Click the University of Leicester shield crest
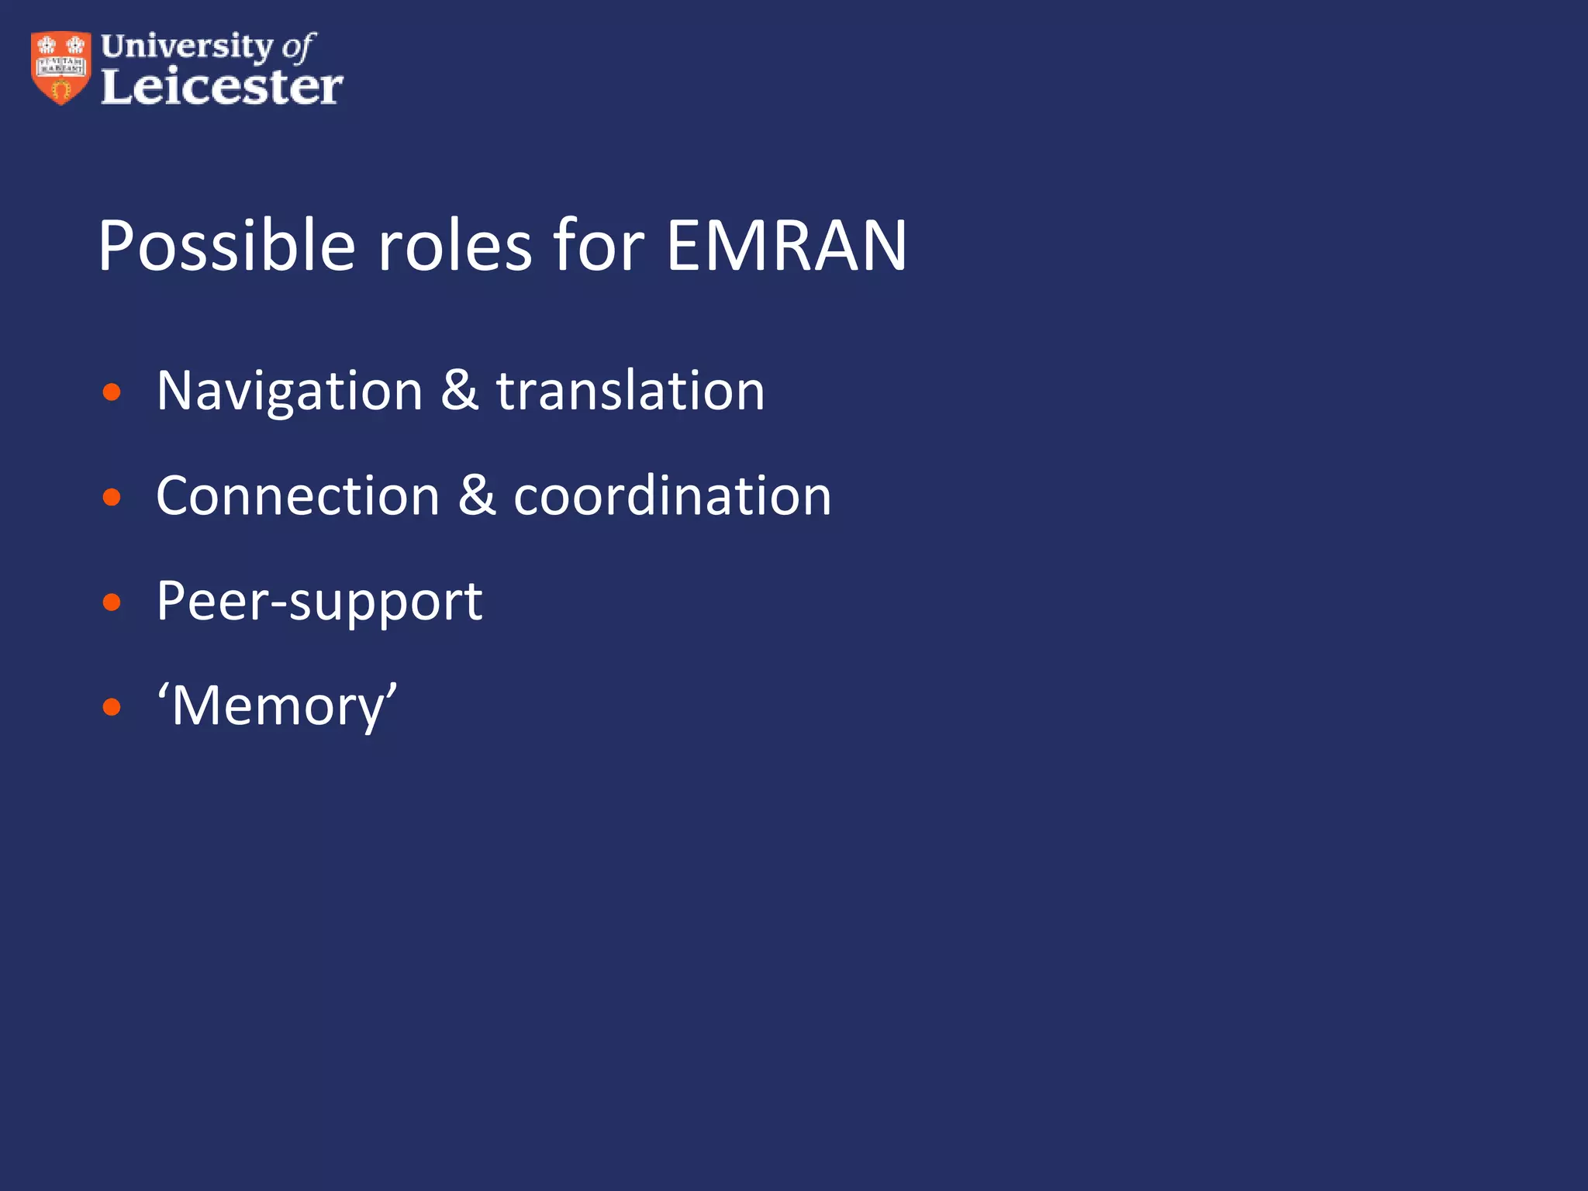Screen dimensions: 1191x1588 pyautogui.click(x=60, y=67)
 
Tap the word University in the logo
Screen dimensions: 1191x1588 pyautogui.click(x=187, y=47)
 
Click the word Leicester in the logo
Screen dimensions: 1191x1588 pyautogui.click(x=222, y=86)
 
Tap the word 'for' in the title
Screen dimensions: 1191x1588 pyautogui.click(x=598, y=246)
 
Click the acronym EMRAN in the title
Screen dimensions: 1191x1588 pyautogui.click(x=786, y=246)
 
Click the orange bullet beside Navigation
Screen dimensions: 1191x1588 pyautogui.click(x=112, y=392)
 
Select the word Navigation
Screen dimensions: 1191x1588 pyautogui.click(x=289, y=391)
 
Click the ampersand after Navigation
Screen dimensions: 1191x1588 pyautogui.click(x=460, y=391)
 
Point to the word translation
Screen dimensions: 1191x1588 pyautogui.click(x=630, y=391)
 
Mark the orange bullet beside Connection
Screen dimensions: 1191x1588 pyautogui.click(x=112, y=497)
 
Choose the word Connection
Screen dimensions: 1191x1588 pyautogui.click(x=298, y=496)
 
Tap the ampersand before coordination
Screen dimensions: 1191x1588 pyautogui.click(x=477, y=496)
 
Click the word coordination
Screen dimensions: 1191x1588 pyautogui.click(x=672, y=496)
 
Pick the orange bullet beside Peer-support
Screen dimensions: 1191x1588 pyautogui.click(x=112, y=602)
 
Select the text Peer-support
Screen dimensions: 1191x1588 pyautogui.click(x=319, y=602)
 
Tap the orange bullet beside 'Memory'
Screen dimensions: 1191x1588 pyautogui.click(x=112, y=707)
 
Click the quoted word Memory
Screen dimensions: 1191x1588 pyautogui.click(x=278, y=706)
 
